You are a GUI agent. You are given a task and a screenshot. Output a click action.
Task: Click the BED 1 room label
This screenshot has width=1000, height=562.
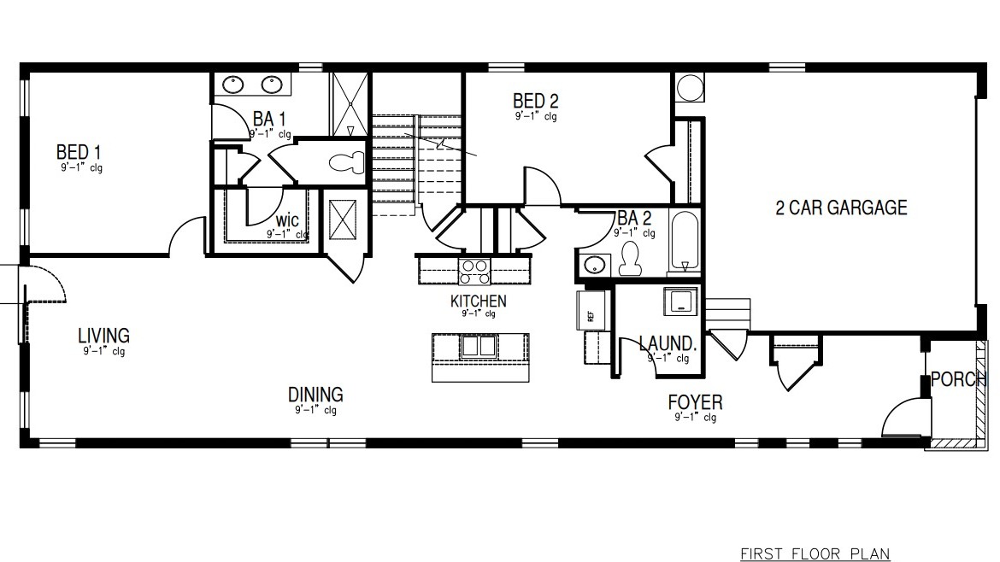click(x=79, y=153)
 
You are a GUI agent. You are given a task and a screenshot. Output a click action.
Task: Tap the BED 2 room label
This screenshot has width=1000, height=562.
click(x=536, y=101)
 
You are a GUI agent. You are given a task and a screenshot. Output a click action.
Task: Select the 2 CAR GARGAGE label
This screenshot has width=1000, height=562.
click(x=841, y=208)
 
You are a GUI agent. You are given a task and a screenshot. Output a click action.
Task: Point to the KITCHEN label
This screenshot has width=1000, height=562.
click(x=478, y=301)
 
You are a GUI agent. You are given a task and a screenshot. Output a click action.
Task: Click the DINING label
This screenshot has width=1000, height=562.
click(x=315, y=395)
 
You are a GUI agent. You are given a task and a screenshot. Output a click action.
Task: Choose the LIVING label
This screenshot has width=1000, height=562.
click(x=103, y=336)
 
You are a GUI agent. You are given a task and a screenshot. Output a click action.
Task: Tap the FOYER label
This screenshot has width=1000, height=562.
click(x=695, y=402)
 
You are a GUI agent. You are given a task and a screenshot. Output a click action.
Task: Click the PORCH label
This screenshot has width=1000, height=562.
click(x=958, y=379)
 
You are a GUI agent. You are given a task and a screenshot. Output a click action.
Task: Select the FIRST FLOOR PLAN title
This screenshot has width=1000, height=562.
click(x=815, y=553)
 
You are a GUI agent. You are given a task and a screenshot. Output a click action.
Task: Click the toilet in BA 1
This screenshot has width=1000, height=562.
click(x=347, y=162)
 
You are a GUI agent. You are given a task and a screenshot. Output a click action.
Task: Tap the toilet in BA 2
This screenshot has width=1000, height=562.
click(x=631, y=259)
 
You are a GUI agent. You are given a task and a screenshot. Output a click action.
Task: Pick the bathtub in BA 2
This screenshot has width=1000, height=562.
click(x=684, y=242)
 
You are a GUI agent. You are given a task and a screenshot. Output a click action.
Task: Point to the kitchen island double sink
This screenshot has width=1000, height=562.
click(x=479, y=346)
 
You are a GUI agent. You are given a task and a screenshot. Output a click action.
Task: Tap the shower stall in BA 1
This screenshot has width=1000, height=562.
click(x=350, y=104)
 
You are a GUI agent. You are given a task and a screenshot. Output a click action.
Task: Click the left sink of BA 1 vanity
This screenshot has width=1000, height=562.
click(x=233, y=85)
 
